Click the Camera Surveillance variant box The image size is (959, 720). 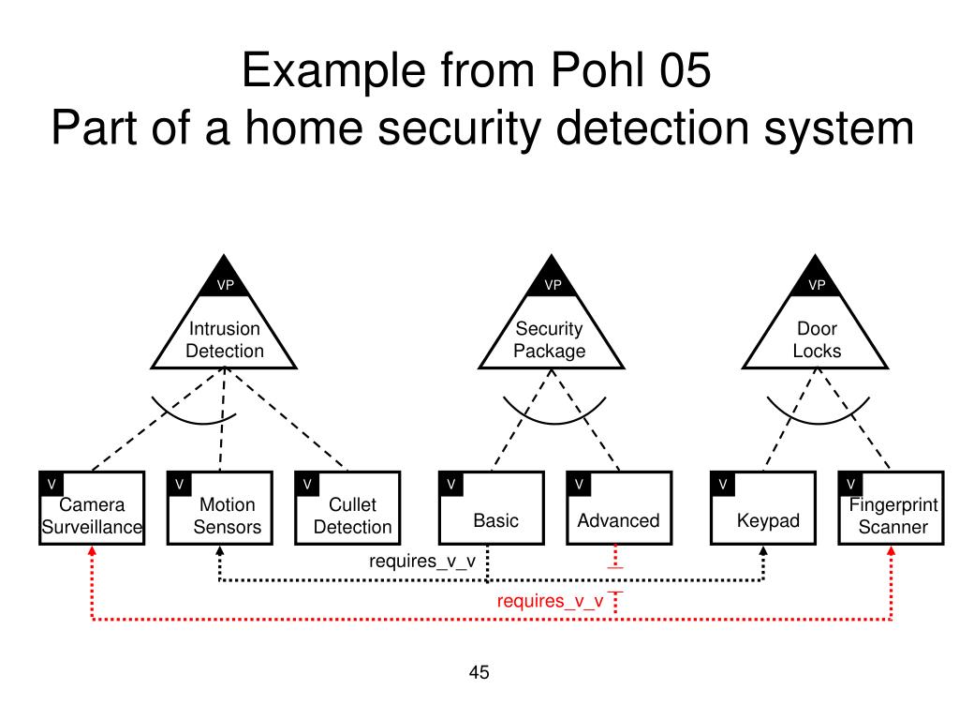[92, 507]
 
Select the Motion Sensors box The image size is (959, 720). [219, 507]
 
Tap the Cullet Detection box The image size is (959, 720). [347, 507]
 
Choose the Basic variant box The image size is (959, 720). [492, 507]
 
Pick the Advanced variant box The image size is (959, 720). [619, 507]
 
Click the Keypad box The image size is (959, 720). [763, 507]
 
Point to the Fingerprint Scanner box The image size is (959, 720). [892, 507]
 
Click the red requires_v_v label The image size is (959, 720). [550, 601]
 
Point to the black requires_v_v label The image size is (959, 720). [422, 562]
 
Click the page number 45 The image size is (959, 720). [479, 672]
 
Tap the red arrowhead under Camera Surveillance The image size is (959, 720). [92, 551]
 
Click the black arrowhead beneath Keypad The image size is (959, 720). [763, 551]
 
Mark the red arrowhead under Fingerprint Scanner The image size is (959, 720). [892, 551]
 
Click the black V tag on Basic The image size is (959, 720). [451, 484]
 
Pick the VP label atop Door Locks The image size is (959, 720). [817, 285]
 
